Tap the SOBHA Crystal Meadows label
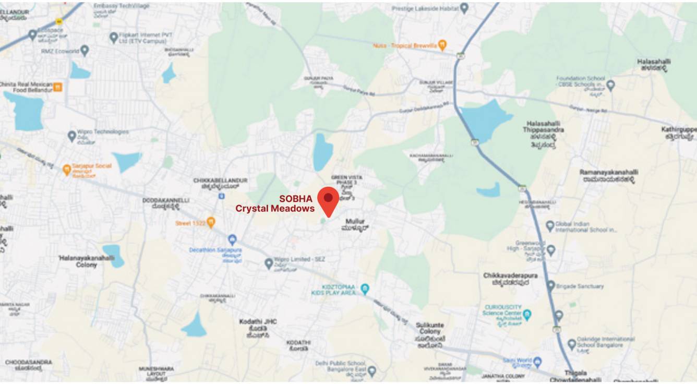click(x=275, y=203)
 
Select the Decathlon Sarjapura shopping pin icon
click(x=232, y=239)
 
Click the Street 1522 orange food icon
click(x=211, y=223)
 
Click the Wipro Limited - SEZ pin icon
click(x=269, y=263)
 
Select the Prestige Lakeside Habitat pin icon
click(x=464, y=8)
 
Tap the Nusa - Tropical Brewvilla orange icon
click(x=442, y=45)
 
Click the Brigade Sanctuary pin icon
click(x=551, y=286)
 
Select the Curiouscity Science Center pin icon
click(x=527, y=315)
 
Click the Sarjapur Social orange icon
click(x=67, y=169)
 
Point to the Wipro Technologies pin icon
click(x=72, y=136)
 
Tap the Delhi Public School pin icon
click(x=371, y=371)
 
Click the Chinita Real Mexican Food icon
click(x=58, y=86)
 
